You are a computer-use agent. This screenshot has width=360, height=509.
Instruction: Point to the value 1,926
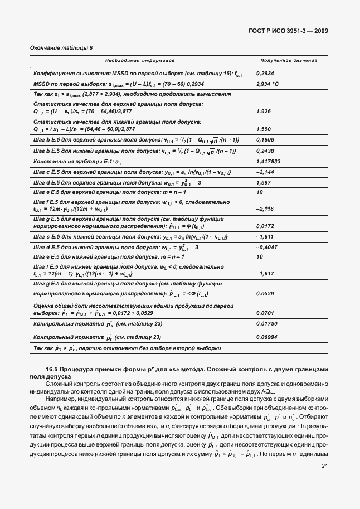263,112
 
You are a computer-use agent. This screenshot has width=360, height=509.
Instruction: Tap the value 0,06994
267,337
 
